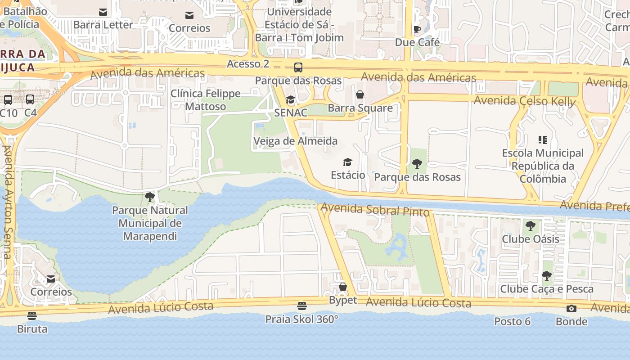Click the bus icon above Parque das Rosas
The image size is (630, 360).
298,67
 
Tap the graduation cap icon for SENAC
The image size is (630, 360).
290,99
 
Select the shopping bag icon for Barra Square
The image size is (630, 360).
360,94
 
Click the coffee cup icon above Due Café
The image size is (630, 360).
417,29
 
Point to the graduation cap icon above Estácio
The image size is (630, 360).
347,162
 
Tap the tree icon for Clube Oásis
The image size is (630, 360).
531,225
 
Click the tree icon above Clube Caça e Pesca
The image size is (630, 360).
546,275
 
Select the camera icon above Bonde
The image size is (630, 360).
571,308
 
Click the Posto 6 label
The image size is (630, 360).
512,321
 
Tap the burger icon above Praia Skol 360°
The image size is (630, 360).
301,306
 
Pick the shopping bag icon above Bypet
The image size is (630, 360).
343,287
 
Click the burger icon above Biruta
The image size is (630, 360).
31,315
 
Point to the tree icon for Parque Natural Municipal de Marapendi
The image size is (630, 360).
150,197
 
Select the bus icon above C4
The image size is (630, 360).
30,99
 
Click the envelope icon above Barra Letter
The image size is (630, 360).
103,12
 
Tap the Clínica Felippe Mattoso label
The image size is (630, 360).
206,100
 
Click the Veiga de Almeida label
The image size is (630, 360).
295,141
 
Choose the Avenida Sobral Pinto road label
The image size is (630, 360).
375,210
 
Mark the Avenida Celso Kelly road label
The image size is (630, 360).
525,101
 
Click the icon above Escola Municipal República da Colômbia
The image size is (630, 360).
543,140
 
